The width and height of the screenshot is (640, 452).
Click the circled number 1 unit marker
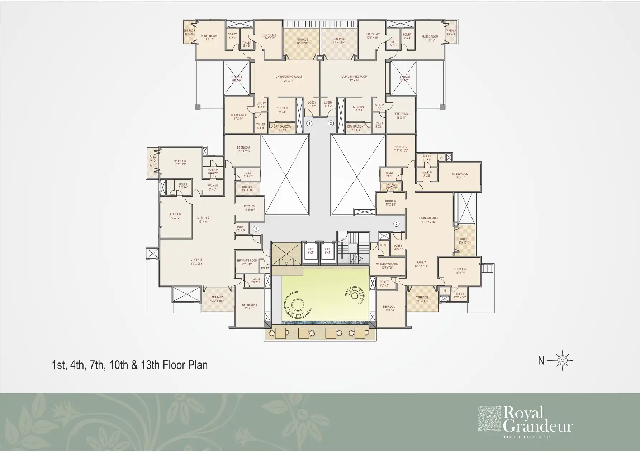(256, 228)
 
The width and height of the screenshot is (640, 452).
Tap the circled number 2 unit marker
(396, 224)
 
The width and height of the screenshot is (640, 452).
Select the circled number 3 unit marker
(331, 124)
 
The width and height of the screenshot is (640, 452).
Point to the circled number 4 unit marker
(309, 124)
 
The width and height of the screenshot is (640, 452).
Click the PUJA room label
(240, 229)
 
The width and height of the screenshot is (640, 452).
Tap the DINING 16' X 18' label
(203, 220)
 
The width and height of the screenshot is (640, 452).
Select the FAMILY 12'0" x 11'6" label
(422, 264)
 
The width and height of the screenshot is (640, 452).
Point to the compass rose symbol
(563, 360)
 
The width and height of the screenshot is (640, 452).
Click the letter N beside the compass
(541, 361)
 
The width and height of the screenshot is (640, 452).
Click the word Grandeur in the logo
(538, 427)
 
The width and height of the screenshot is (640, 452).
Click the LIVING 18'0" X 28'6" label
(196, 261)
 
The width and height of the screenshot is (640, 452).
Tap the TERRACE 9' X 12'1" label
(463, 241)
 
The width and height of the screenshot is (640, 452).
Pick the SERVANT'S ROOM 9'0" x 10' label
(247, 262)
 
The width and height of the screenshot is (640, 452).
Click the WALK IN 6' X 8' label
(212, 187)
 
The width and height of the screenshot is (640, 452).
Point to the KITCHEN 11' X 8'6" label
(390, 203)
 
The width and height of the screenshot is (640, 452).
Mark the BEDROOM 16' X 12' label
(175, 216)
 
